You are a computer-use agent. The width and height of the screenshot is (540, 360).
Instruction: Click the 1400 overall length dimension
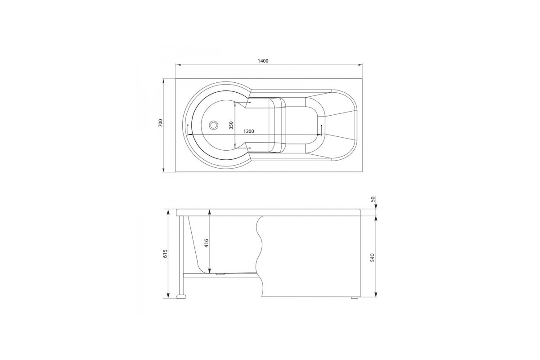coord(263,61)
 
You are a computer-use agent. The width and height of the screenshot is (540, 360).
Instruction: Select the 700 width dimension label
coord(161,123)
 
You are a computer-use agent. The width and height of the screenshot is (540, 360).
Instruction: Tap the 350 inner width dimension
coord(231,126)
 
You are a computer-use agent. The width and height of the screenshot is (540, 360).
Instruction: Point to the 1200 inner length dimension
coord(248,131)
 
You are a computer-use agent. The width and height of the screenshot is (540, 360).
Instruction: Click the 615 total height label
coord(165,254)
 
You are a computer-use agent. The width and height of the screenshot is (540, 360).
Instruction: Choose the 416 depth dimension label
coord(207,243)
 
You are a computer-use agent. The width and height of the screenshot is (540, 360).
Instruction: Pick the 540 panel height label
coord(373,257)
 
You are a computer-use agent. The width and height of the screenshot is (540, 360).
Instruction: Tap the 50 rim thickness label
coord(373,199)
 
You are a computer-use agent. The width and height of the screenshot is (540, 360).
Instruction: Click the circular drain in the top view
coord(213,125)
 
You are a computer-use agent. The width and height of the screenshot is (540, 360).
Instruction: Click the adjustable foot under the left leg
coord(181,297)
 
